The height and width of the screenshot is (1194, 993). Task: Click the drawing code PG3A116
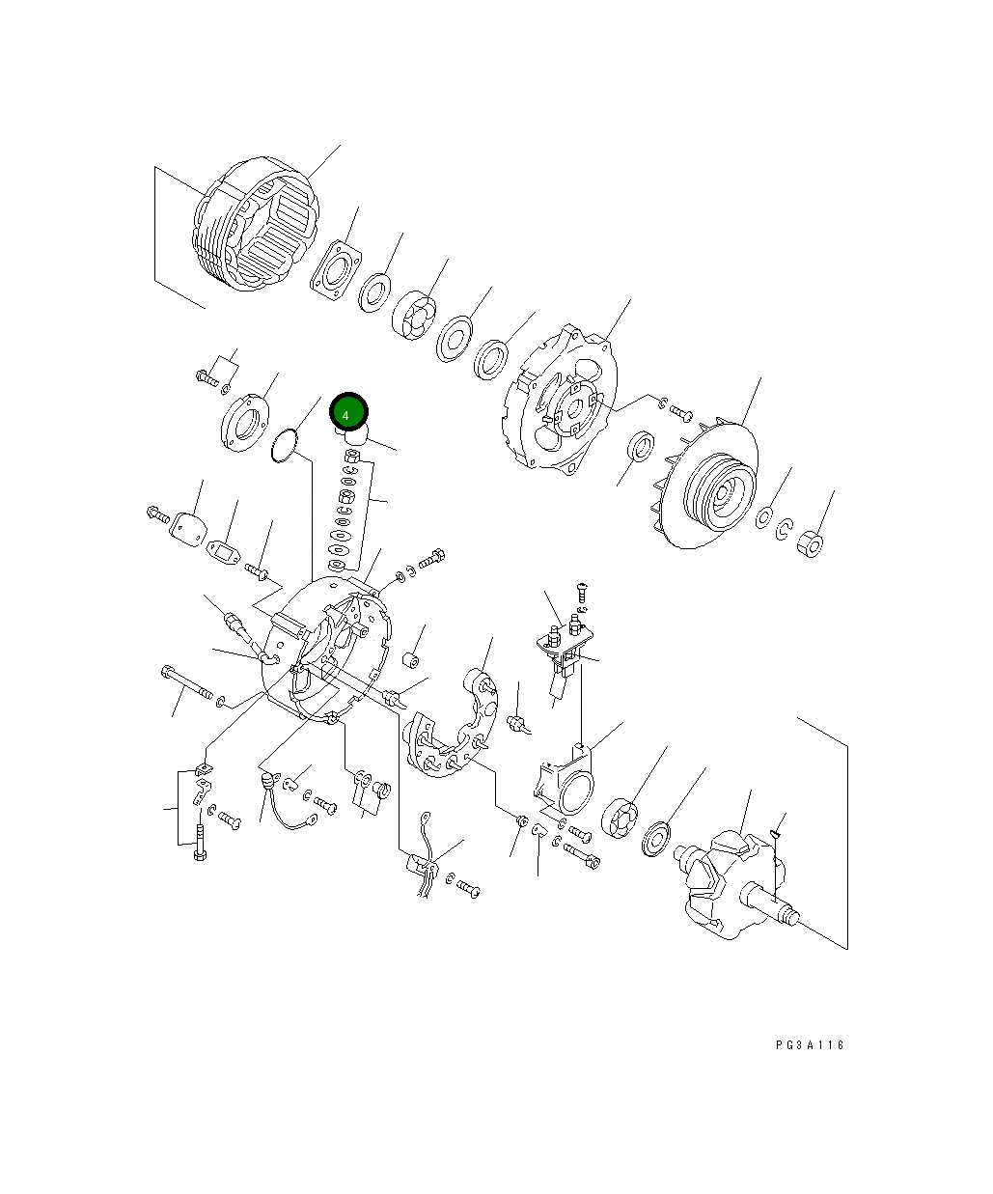click(809, 1045)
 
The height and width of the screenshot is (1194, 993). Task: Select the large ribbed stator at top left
click(256, 228)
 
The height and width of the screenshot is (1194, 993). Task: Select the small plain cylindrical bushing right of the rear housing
click(410, 661)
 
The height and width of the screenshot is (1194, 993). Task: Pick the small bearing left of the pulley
click(642, 446)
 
